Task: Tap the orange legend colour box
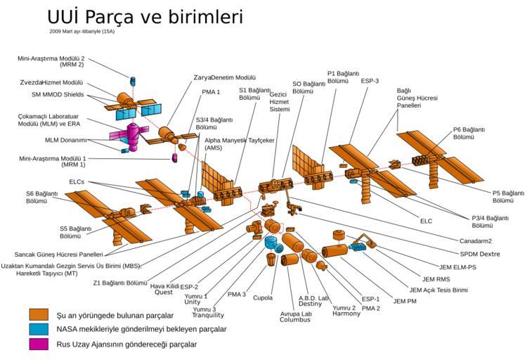pos(39,314)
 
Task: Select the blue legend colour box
pos(39,329)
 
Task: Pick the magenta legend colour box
pos(39,344)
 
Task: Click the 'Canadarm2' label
pos(475,241)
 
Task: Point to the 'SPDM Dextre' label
pos(480,254)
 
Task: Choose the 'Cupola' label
pos(263,297)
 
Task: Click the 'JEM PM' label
pos(405,301)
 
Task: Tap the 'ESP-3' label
pos(370,81)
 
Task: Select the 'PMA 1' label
pos(211,92)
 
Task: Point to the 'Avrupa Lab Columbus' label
pos(295,316)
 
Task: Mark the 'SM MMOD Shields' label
pos(58,94)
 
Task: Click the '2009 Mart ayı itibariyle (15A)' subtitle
pos(82,32)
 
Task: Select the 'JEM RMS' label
pos(436,278)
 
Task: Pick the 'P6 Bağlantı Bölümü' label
pos(469,134)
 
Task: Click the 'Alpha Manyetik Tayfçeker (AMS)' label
pos(239,144)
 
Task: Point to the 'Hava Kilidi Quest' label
pos(164,290)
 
